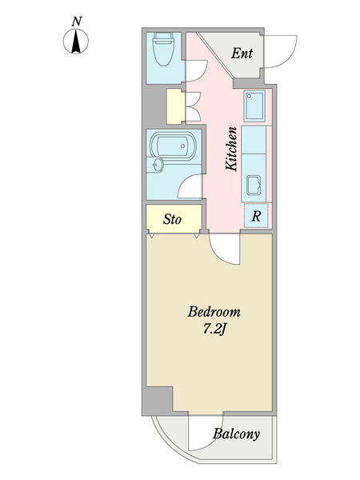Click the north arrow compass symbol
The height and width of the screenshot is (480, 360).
[76, 41]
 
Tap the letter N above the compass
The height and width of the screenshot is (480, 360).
[77, 22]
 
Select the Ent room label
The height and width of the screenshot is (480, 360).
[242, 54]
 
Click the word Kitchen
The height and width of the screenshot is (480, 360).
[232, 149]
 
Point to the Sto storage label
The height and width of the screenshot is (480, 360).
[172, 219]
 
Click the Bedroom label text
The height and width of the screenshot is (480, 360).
[214, 312]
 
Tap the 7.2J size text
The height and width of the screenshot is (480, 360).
[214, 329]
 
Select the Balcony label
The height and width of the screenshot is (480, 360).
[236, 434]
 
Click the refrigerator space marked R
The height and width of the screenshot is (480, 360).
[256, 216]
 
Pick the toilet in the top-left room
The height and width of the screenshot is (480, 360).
[163, 49]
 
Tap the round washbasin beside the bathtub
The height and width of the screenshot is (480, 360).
[158, 166]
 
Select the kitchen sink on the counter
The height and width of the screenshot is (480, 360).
[254, 186]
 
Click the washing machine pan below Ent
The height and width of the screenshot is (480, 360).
[254, 106]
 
